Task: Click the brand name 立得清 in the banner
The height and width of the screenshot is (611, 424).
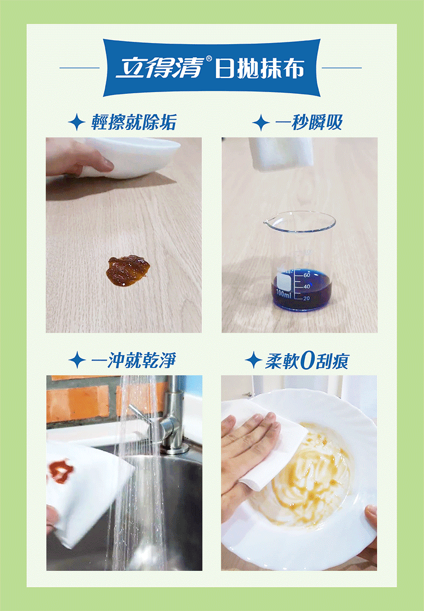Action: tap(161, 67)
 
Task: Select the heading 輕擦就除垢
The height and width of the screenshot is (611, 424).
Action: tap(133, 122)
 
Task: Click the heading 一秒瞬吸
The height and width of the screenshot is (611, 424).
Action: tap(309, 123)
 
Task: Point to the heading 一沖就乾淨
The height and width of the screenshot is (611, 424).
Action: tap(133, 360)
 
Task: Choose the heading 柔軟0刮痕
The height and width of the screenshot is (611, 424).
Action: tap(307, 361)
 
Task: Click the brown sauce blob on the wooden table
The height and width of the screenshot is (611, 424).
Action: tap(128, 270)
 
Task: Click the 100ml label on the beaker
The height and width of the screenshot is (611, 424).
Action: tap(283, 293)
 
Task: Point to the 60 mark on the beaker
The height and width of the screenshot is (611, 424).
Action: tap(307, 275)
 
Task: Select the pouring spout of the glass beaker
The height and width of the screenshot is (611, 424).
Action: tap(267, 222)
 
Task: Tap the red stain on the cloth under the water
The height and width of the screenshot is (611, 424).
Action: tap(60, 471)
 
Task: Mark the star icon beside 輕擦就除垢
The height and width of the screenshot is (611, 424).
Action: tap(77, 122)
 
